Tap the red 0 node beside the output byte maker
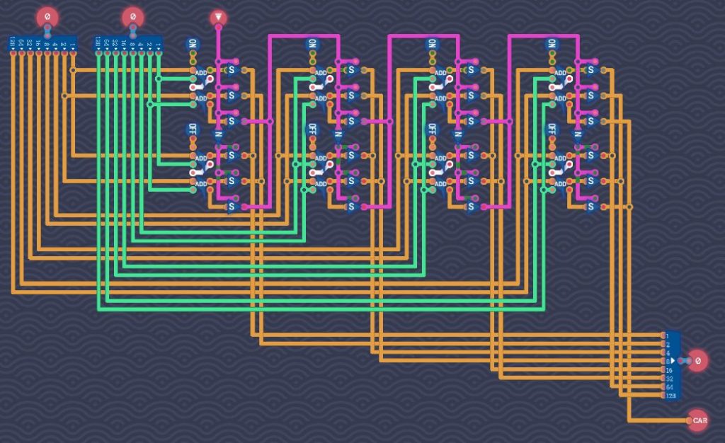click(698, 360)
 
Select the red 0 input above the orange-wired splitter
click(47, 16)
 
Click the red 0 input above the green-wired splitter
click(132, 16)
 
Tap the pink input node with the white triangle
click(219, 16)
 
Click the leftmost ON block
click(193, 44)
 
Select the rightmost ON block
click(552, 44)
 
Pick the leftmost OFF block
click(193, 129)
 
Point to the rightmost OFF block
click(552, 129)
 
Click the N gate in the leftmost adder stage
click(219, 134)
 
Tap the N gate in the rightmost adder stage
click(578, 134)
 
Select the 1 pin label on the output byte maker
click(666, 335)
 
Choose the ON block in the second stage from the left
click(312, 44)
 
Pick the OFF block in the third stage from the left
click(432, 129)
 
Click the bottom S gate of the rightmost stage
click(591, 207)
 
